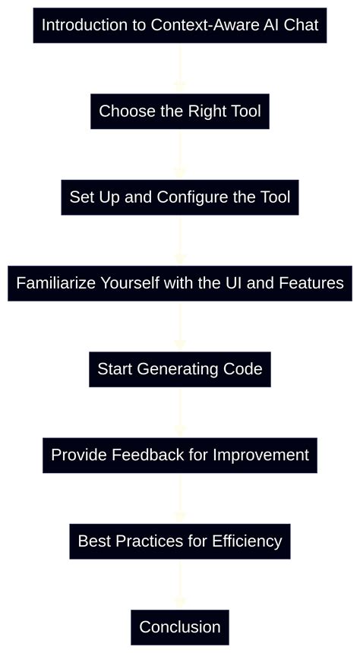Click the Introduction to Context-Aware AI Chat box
(180, 25)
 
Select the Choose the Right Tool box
(180, 112)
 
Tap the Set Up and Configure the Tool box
(180, 197)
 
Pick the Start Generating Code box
(180, 369)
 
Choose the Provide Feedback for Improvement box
(180, 455)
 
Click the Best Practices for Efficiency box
(180, 541)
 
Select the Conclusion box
(180, 627)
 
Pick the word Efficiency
(247, 541)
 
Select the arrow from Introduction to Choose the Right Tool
(180, 68)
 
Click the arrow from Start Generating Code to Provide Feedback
(180, 412)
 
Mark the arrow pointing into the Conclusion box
(180, 585)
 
